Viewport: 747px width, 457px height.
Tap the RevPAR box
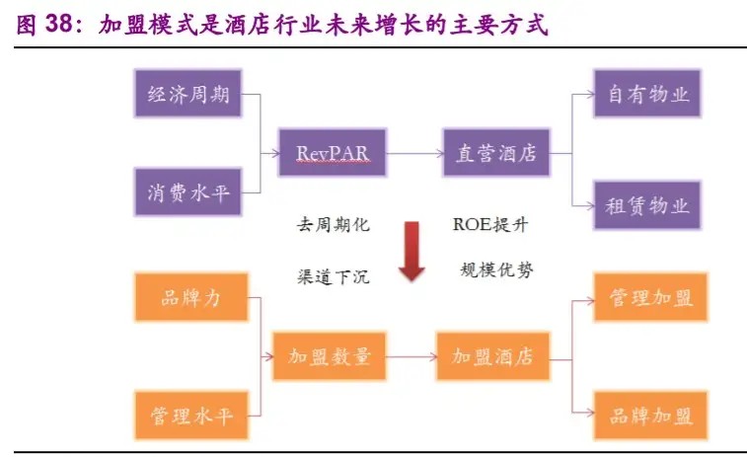[x=332, y=153]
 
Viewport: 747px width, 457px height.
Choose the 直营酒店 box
[x=494, y=153]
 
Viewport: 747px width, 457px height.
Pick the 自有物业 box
[x=647, y=95]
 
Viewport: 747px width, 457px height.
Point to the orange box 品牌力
[x=190, y=297]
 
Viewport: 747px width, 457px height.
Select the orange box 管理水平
[x=190, y=415]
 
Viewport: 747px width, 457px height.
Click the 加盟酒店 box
[x=491, y=356]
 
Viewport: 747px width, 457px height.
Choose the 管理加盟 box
[x=650, y=297]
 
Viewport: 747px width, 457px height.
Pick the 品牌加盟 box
[x=650, y=415]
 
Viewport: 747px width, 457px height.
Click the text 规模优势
[x=496, y=269]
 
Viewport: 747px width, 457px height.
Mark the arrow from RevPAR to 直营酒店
[x=412, y=153]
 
